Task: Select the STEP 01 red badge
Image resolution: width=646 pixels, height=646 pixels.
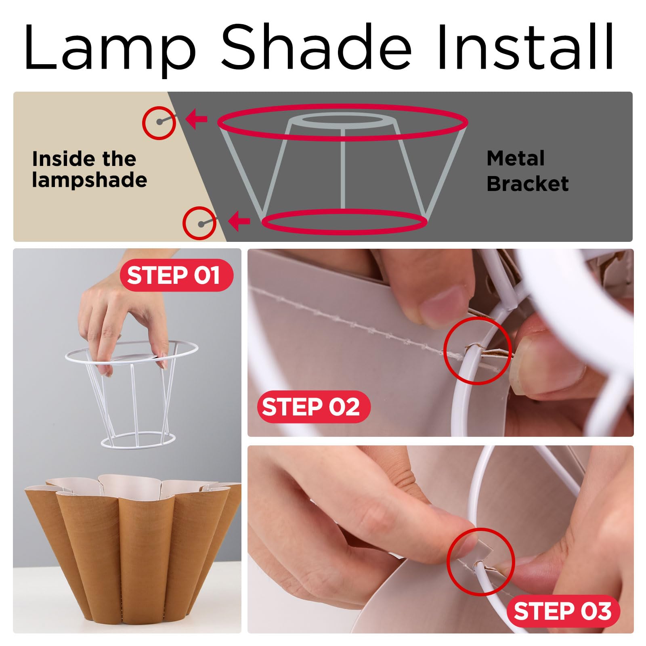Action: [176, 275]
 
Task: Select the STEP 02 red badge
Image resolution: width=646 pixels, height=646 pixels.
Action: [313, 407]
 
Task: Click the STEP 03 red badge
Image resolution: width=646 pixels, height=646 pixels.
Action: [562, 611]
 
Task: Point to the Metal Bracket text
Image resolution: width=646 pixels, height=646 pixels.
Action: [527, 171]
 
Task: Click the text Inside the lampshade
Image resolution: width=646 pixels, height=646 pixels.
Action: [89, 170]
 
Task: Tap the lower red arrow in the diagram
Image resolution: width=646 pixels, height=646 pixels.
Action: [239, 221]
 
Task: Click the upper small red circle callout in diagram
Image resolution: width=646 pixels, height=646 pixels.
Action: [159, 123]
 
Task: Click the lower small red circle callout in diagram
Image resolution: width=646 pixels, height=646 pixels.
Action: [199, 223]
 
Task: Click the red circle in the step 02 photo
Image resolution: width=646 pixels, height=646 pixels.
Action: [478, 350]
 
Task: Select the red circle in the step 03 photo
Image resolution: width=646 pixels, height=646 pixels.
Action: [481, 562]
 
